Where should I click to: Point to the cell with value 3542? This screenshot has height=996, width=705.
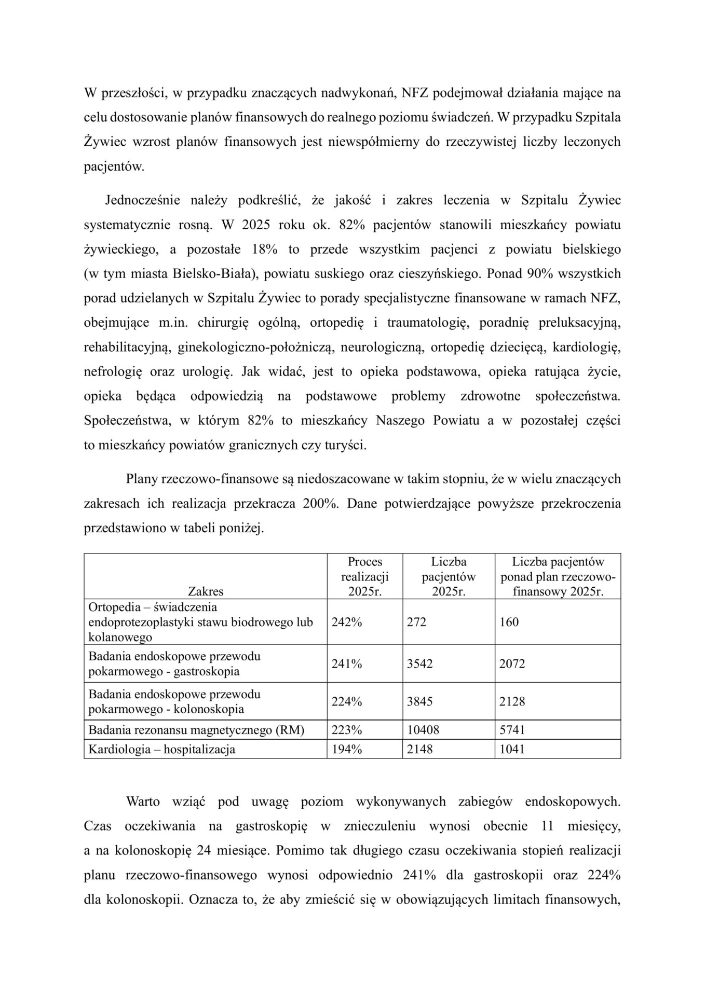419,663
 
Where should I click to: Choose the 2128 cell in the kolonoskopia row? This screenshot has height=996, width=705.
512,701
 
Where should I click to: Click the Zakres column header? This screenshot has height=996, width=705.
206,591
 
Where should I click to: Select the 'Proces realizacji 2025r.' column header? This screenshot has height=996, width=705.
364,576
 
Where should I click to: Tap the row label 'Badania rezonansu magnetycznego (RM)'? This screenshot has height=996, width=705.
196,730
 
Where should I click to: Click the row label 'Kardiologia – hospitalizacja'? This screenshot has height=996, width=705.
161,749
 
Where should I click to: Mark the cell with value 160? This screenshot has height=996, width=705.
509,622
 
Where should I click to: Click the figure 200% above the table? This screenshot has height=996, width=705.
320,504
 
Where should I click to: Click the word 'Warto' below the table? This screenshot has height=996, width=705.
143,801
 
